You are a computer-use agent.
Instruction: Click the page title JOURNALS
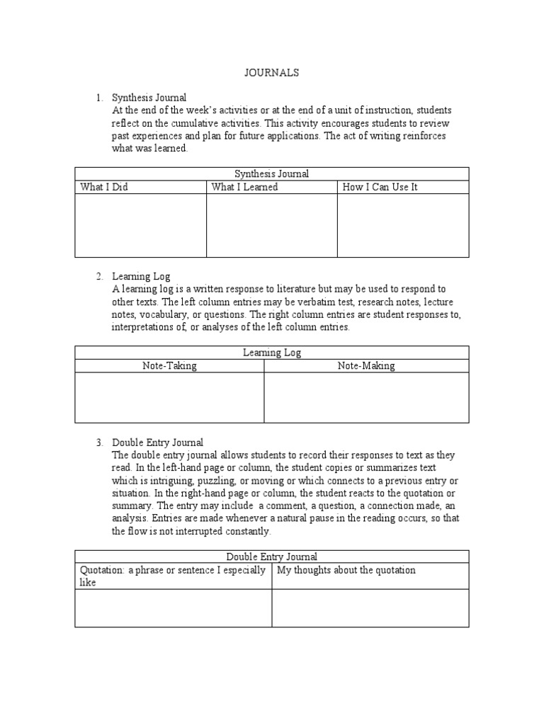[272, 72]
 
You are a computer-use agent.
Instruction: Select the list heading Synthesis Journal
[149, 98]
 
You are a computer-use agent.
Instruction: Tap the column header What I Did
[104, 187]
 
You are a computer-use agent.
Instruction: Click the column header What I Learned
[244, 187]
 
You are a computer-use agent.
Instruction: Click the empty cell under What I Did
[140, 225]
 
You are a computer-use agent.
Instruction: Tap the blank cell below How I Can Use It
[402, 225]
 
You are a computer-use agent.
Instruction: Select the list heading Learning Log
[141, 276]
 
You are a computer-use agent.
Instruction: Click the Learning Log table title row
[272, 352]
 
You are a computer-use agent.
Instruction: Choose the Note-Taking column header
[169, 365]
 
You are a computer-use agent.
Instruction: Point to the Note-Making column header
[366, 365]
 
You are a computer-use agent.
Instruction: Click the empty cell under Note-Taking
[169, 397]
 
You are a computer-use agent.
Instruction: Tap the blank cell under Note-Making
[366, 397]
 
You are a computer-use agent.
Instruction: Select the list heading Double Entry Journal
[157, 443]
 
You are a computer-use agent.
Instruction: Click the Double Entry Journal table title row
[272, 556]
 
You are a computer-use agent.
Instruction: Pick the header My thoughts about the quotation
[346, 570]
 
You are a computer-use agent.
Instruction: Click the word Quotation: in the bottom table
[101, 570]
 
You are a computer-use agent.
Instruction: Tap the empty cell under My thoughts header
[370, 607]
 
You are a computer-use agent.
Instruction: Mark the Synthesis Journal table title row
[272, 173]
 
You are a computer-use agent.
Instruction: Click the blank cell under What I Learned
[271, 225]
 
